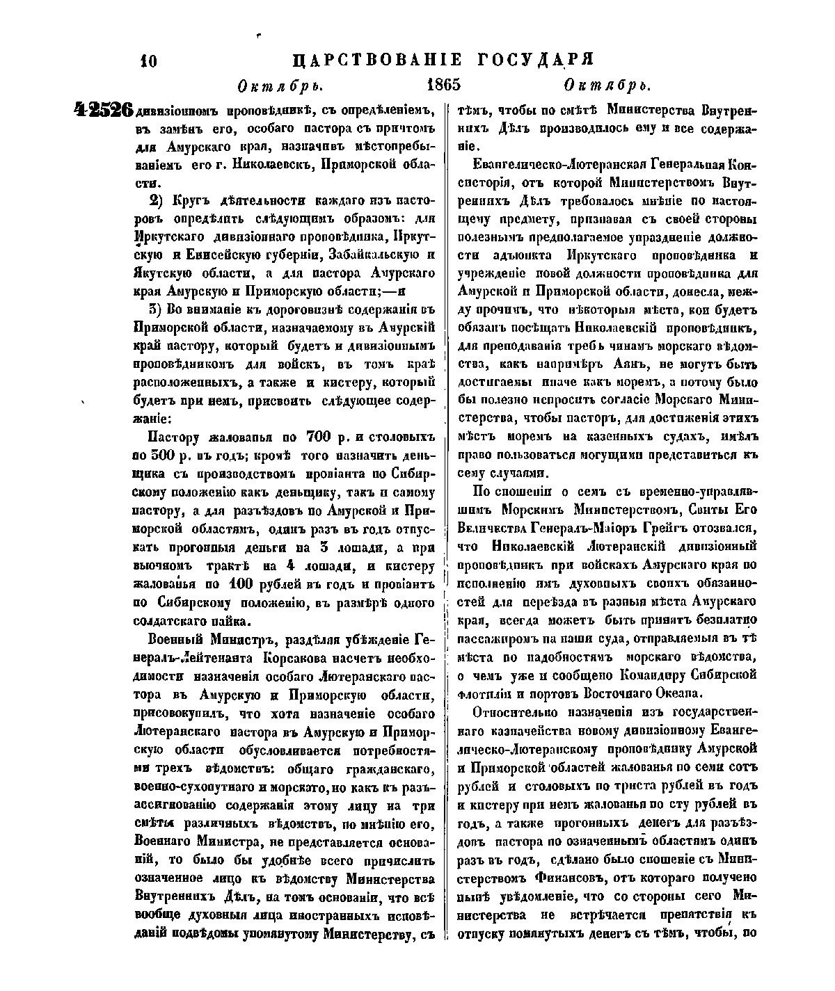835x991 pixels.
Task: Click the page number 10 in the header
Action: point(149,61)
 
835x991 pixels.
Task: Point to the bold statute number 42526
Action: point(102,111)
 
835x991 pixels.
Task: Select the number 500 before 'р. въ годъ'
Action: point(160,456)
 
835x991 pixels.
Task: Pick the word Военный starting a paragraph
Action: point(177,638)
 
